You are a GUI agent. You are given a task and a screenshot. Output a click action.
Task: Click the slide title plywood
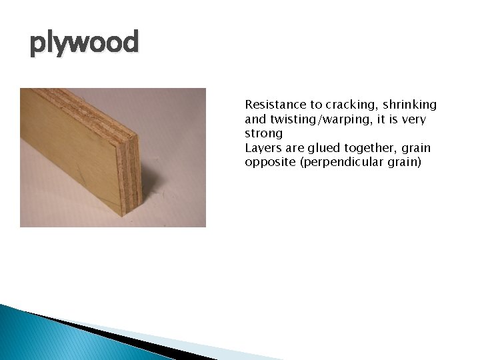[84, 43]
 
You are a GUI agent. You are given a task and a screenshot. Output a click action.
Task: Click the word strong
[263, 133]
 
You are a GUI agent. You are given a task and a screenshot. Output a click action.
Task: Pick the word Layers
[263, 148]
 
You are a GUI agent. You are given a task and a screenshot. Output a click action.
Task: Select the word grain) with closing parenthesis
[406, 162]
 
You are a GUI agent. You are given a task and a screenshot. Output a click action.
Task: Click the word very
[413, 119]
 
